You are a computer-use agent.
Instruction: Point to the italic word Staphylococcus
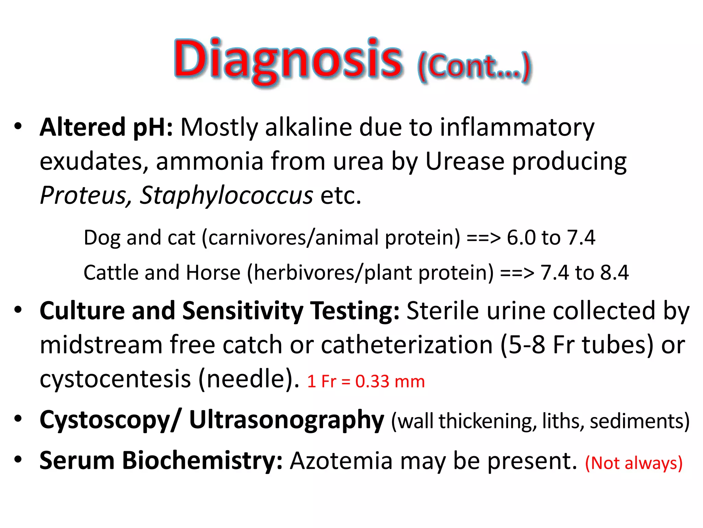click(226, 195)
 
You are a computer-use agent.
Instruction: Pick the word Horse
click(213, 273)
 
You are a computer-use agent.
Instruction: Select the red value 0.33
click(372, 381)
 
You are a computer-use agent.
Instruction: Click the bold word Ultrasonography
click(287, 420)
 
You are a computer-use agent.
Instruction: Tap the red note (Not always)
click(634, 463)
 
